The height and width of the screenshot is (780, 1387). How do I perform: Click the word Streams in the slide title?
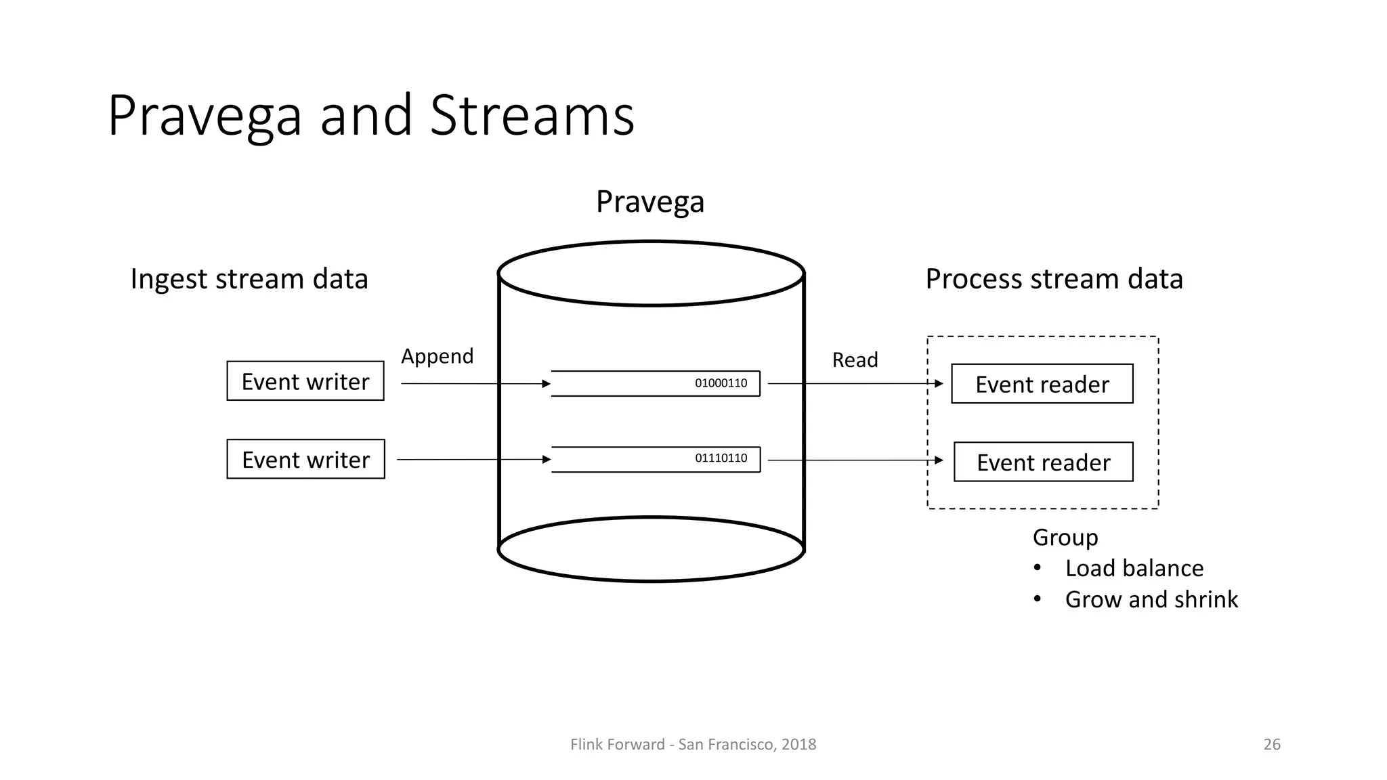click(532, 116)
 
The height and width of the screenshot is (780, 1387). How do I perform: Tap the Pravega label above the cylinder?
click(650, 202)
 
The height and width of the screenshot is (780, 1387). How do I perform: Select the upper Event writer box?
click(305, 381)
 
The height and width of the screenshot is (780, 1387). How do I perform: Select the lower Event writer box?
click(305, 460)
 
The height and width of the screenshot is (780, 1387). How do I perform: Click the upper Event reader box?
click(1042, 384)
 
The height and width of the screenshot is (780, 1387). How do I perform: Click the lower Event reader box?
click(1043, 462)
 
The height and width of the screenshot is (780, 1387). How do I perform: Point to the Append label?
click(437, 356)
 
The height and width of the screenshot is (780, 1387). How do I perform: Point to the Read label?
click(855, 360)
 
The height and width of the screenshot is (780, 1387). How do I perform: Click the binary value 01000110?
click(721, 383)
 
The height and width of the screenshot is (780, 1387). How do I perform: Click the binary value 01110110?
click(721, 458)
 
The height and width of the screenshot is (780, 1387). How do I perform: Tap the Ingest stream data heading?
click(249, 279)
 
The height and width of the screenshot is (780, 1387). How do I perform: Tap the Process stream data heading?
click(1054, 279)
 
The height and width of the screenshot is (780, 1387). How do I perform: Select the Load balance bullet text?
click(1134, 568)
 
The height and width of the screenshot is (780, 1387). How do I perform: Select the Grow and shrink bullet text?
click(1151, 599)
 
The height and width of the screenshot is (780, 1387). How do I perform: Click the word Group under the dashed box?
click(1065, 537)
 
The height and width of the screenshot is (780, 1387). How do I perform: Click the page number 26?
click(1271, 744)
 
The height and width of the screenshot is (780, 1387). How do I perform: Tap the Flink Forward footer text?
click(693, 744)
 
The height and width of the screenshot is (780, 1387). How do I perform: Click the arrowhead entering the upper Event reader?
click(939, 384)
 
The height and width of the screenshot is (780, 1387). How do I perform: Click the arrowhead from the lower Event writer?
click(547, 460)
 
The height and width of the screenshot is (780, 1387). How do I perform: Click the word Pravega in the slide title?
click(204, 116)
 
